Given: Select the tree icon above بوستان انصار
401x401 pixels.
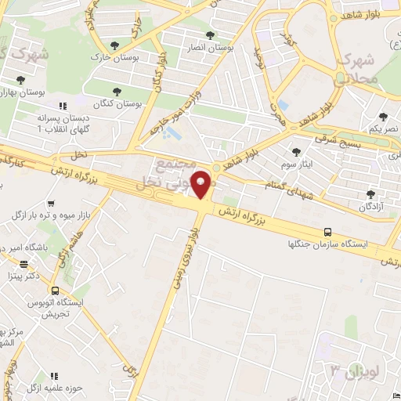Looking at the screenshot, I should pos(209,35).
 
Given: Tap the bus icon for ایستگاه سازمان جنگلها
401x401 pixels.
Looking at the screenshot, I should pos(327,232).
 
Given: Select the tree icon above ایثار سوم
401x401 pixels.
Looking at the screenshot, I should pos(296,153).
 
